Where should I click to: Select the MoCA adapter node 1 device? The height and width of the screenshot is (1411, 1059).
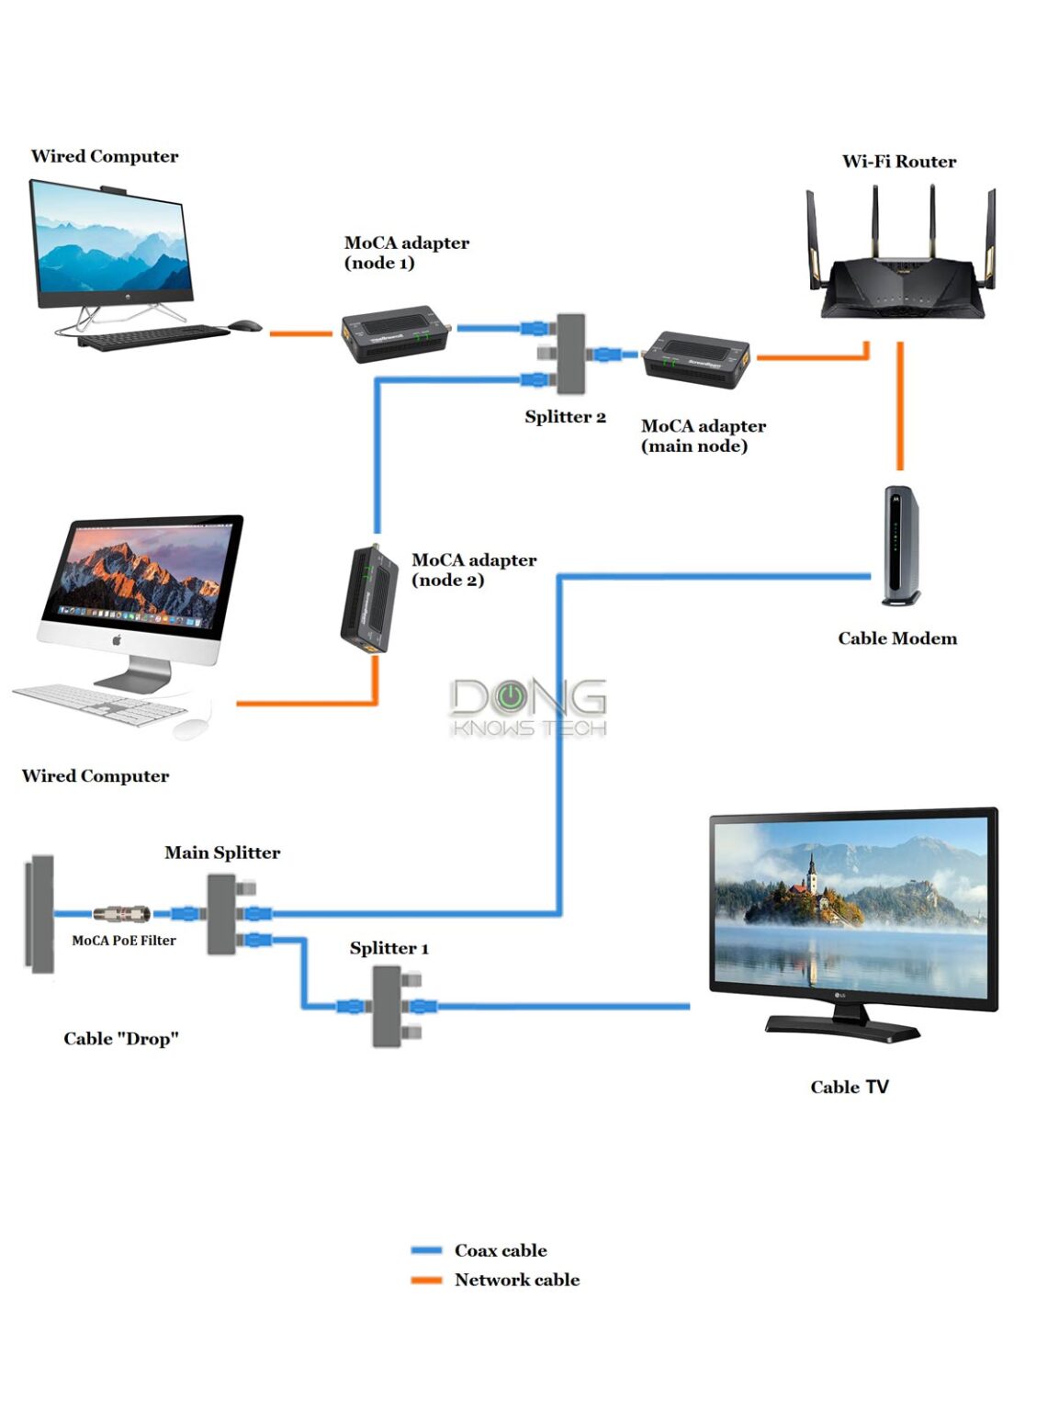point(396,333)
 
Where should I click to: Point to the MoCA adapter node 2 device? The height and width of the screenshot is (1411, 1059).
point(369,599)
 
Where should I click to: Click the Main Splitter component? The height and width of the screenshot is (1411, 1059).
point(221,914)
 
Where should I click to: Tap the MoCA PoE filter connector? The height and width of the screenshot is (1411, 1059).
point(122,914)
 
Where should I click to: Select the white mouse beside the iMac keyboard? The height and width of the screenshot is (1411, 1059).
point(190,728)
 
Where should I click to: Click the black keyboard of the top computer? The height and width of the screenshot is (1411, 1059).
point(152,336)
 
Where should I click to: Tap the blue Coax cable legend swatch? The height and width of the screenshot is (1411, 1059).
point(426,1250)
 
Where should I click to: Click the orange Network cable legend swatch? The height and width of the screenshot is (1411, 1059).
point(426,1280)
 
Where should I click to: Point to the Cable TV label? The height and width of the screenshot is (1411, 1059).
point(849,1087)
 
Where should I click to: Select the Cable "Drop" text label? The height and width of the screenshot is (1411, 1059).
point(120,1039)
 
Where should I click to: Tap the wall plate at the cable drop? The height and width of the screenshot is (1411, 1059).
point(39,914)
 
